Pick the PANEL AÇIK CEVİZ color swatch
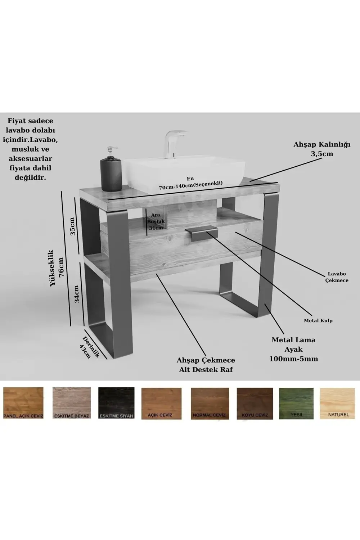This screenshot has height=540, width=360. [23, 403]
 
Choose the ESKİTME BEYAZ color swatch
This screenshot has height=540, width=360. [72, 403]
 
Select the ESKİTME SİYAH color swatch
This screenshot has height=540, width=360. [116, 403]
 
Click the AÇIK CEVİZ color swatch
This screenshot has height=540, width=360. [161, 403]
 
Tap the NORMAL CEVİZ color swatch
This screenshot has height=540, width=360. [210, 403]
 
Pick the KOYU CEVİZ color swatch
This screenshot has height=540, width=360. [255, 403]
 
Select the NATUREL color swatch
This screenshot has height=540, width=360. [338, 403]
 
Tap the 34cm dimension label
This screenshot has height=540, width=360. [77, 293]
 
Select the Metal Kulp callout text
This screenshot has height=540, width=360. [318, 320]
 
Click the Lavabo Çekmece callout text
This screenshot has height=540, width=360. [337, 277]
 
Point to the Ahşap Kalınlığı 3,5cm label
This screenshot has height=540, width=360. [322, 149]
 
